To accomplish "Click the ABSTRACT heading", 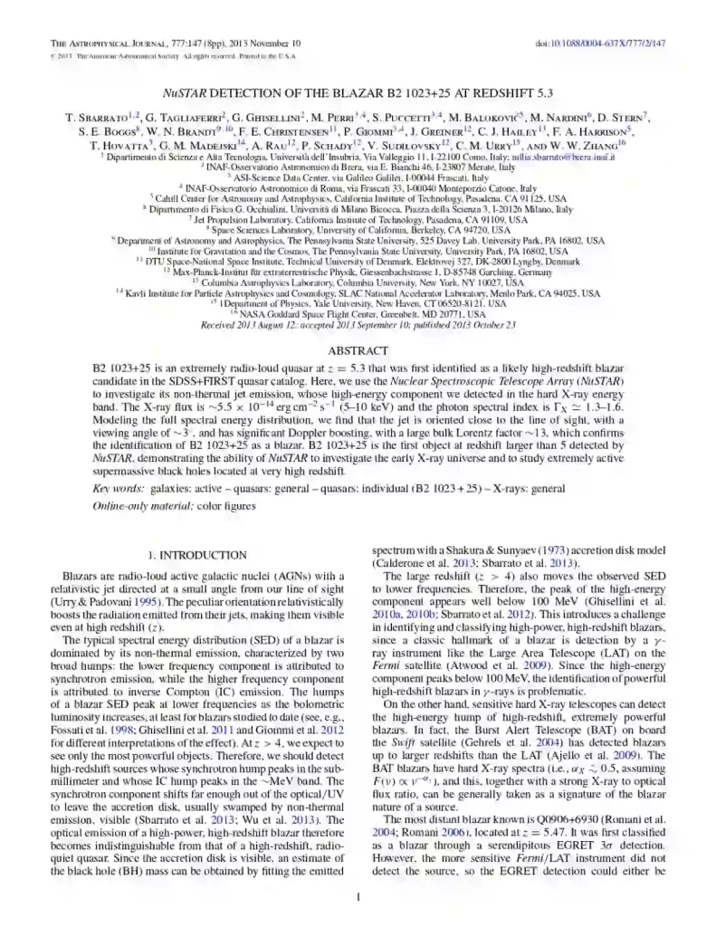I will [358, 349].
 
